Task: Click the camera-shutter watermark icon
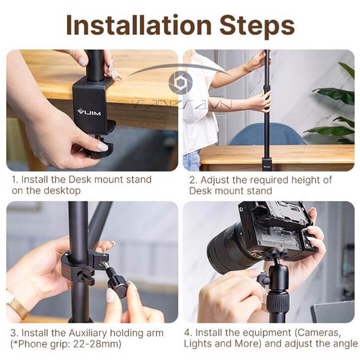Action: (x=181, y=82)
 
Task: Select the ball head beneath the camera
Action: (x=277, y=280)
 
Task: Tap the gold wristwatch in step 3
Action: (x=16, y=307)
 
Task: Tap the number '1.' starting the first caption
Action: (x=14, y=179)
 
